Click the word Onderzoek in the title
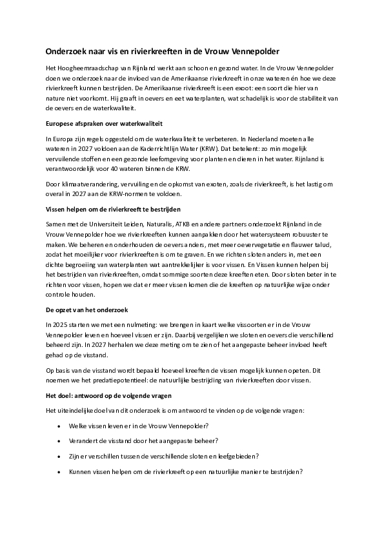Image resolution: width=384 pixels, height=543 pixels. coord(66,50)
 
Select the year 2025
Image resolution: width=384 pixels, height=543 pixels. coord(61,324)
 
